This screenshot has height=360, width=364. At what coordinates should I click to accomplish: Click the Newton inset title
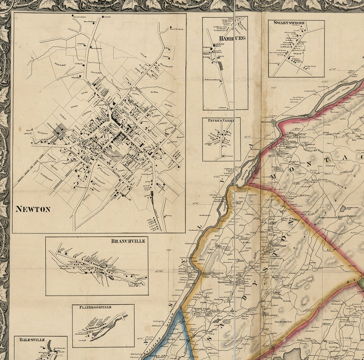(33, 209)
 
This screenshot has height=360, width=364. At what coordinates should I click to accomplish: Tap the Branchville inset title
(128, 241)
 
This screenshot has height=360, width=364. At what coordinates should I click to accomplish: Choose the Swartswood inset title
(289, 22)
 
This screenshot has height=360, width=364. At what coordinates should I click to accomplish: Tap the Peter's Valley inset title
(221, 120)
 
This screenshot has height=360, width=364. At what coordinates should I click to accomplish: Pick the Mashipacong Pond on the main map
(345, 209)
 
